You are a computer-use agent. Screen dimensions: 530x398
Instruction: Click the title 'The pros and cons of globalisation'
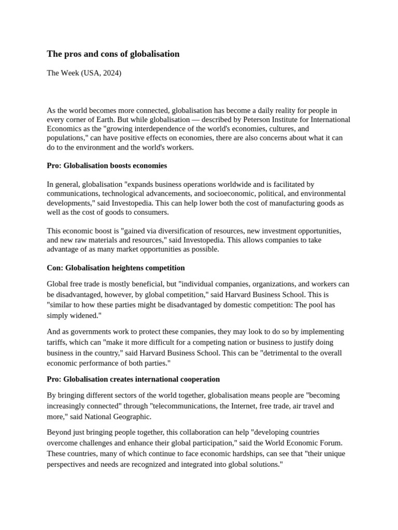113,54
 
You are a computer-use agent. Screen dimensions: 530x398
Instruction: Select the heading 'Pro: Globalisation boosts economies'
107,166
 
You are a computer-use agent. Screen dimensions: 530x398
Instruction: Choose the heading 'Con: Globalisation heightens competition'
116,268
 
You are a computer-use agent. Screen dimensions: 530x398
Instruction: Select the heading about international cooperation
133,379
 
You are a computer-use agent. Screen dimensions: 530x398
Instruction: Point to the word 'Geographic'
132,417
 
